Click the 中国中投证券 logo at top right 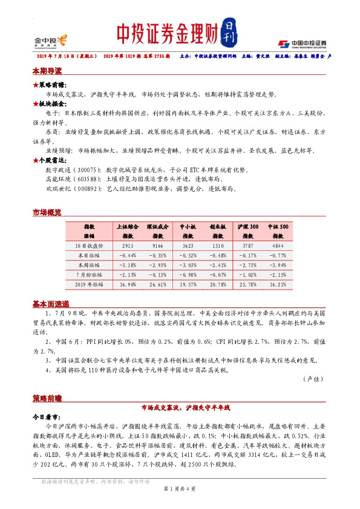click(x=303, y=43)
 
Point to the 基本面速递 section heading click(x=50, y=303)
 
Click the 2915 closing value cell click(x=128, y=246)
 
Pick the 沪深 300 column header click(x=248, y=226)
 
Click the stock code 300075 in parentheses click(x=87, y=171)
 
